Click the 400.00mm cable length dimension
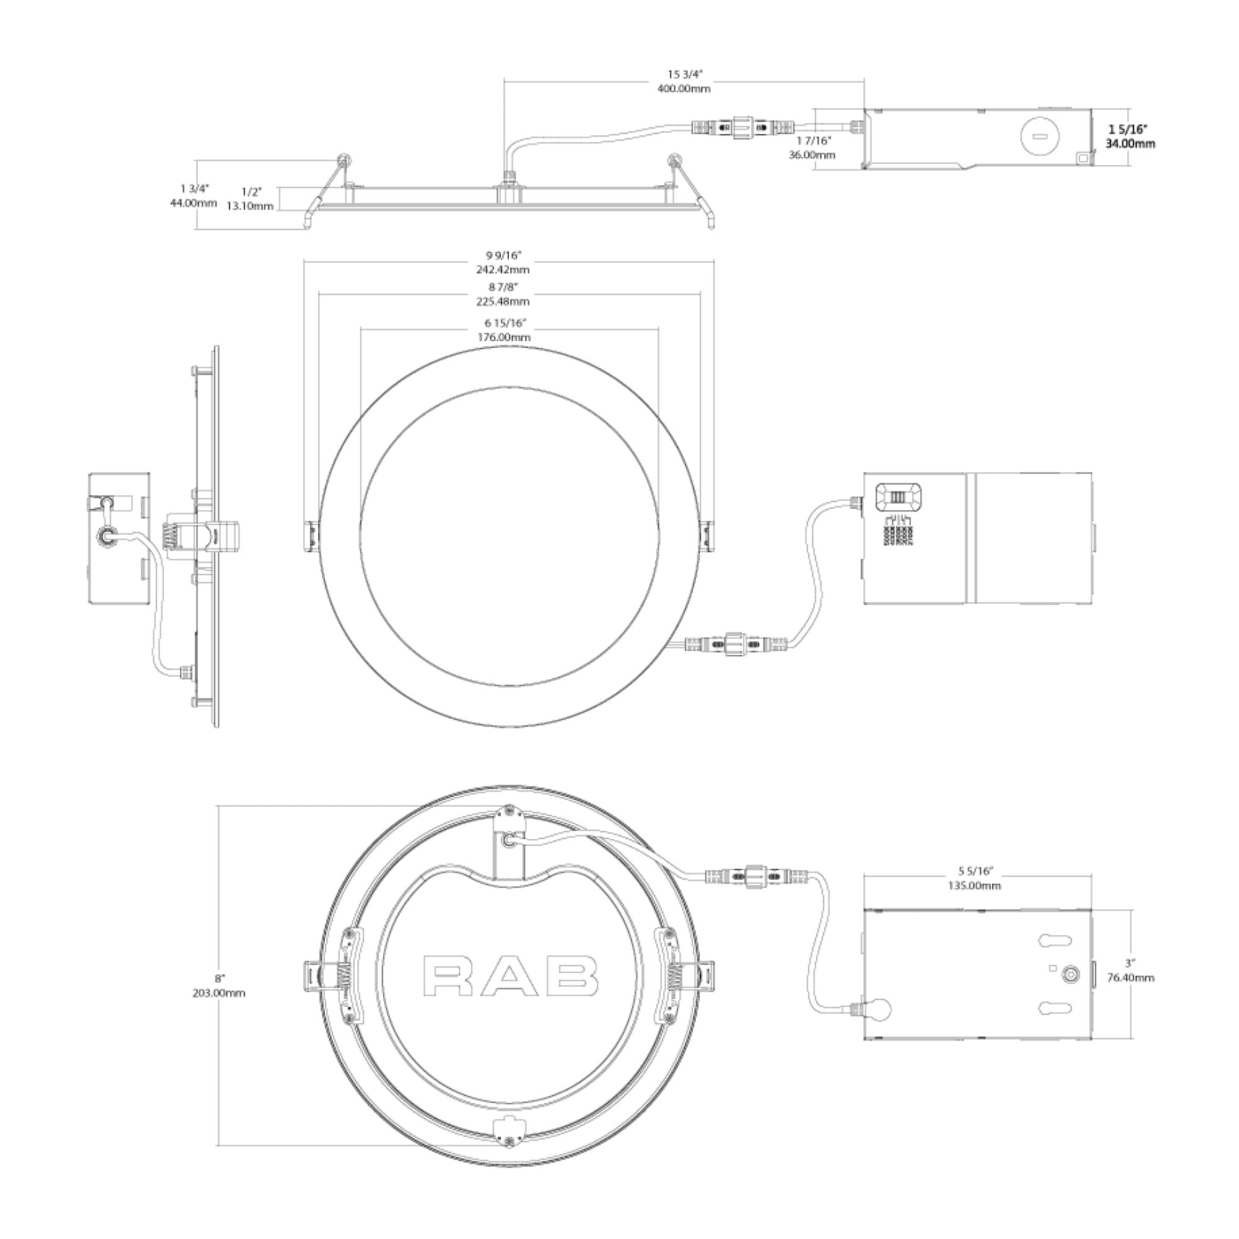(684, 89)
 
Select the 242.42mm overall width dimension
(503, 269)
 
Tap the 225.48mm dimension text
(503, 302)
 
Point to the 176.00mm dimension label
(504, 338)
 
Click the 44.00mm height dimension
(193, 203)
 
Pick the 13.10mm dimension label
(250, 206)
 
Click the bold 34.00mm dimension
(1130, 144)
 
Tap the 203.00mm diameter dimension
(219, 994)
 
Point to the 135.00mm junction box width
(974, 886)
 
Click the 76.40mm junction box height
(1131, 978)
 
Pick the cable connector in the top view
(742, 127)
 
